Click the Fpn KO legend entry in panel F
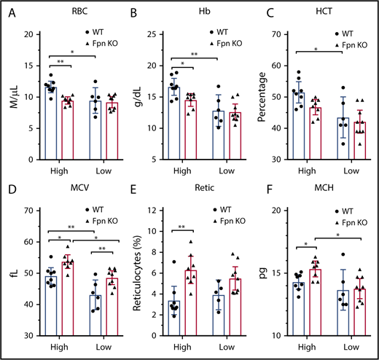(x=351, y=219)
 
